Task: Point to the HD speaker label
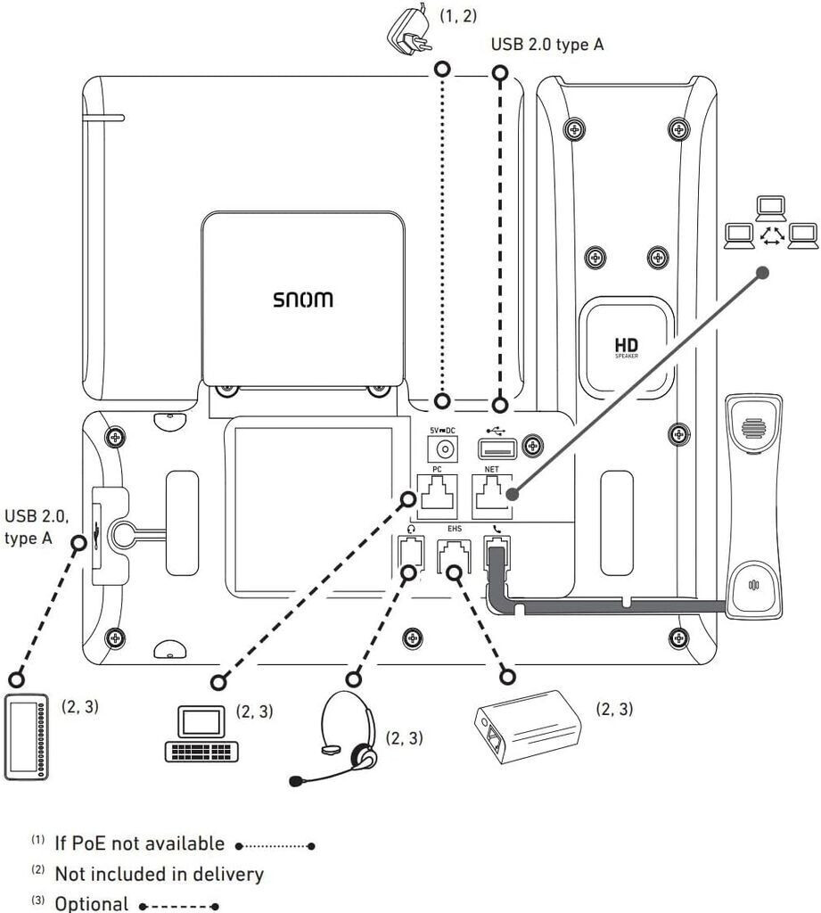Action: (628, 347)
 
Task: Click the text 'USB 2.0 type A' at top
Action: (546, 45)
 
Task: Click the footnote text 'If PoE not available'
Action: (139, 843)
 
